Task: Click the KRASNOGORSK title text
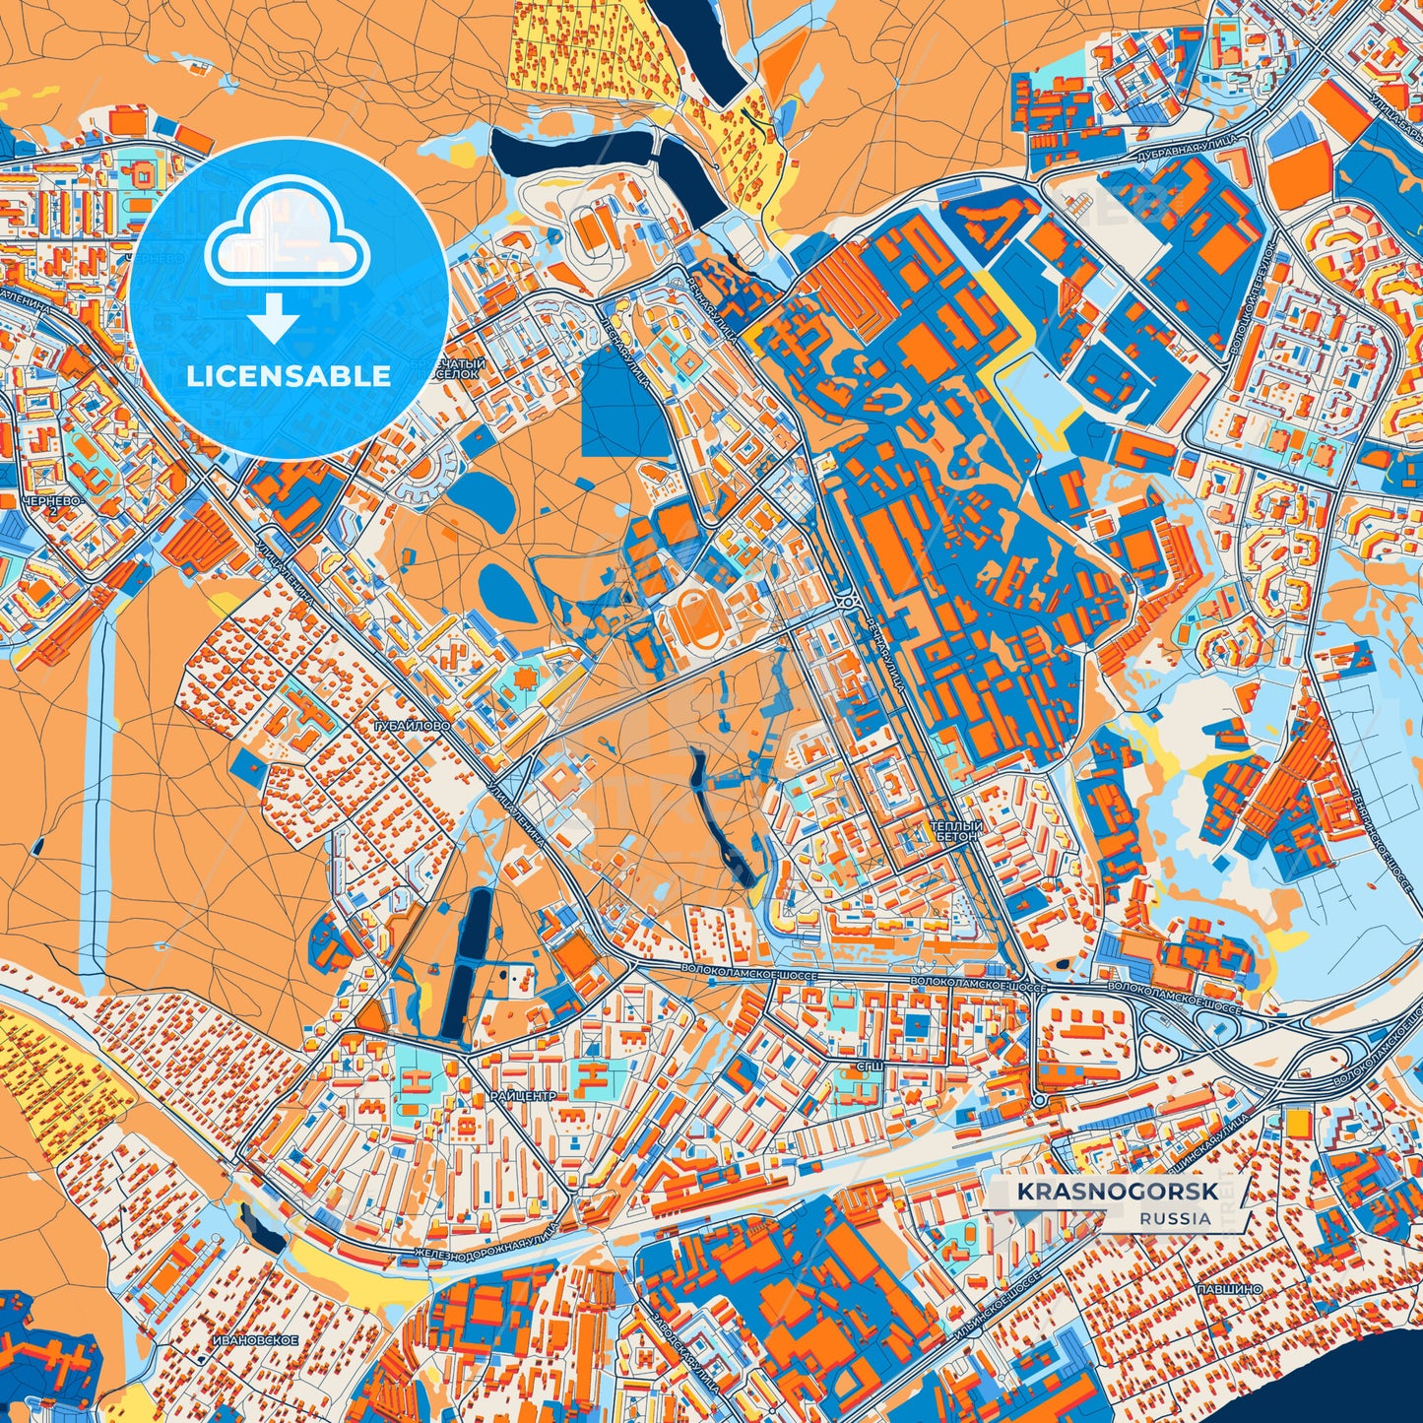point(1117,1192)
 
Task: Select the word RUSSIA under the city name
point(1176,1218)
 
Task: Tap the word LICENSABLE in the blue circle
point(290,376)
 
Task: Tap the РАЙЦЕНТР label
point(523,1095)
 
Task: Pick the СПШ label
point(869,1066)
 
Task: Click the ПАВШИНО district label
point(1228,1288)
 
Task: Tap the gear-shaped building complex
point(521,679)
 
